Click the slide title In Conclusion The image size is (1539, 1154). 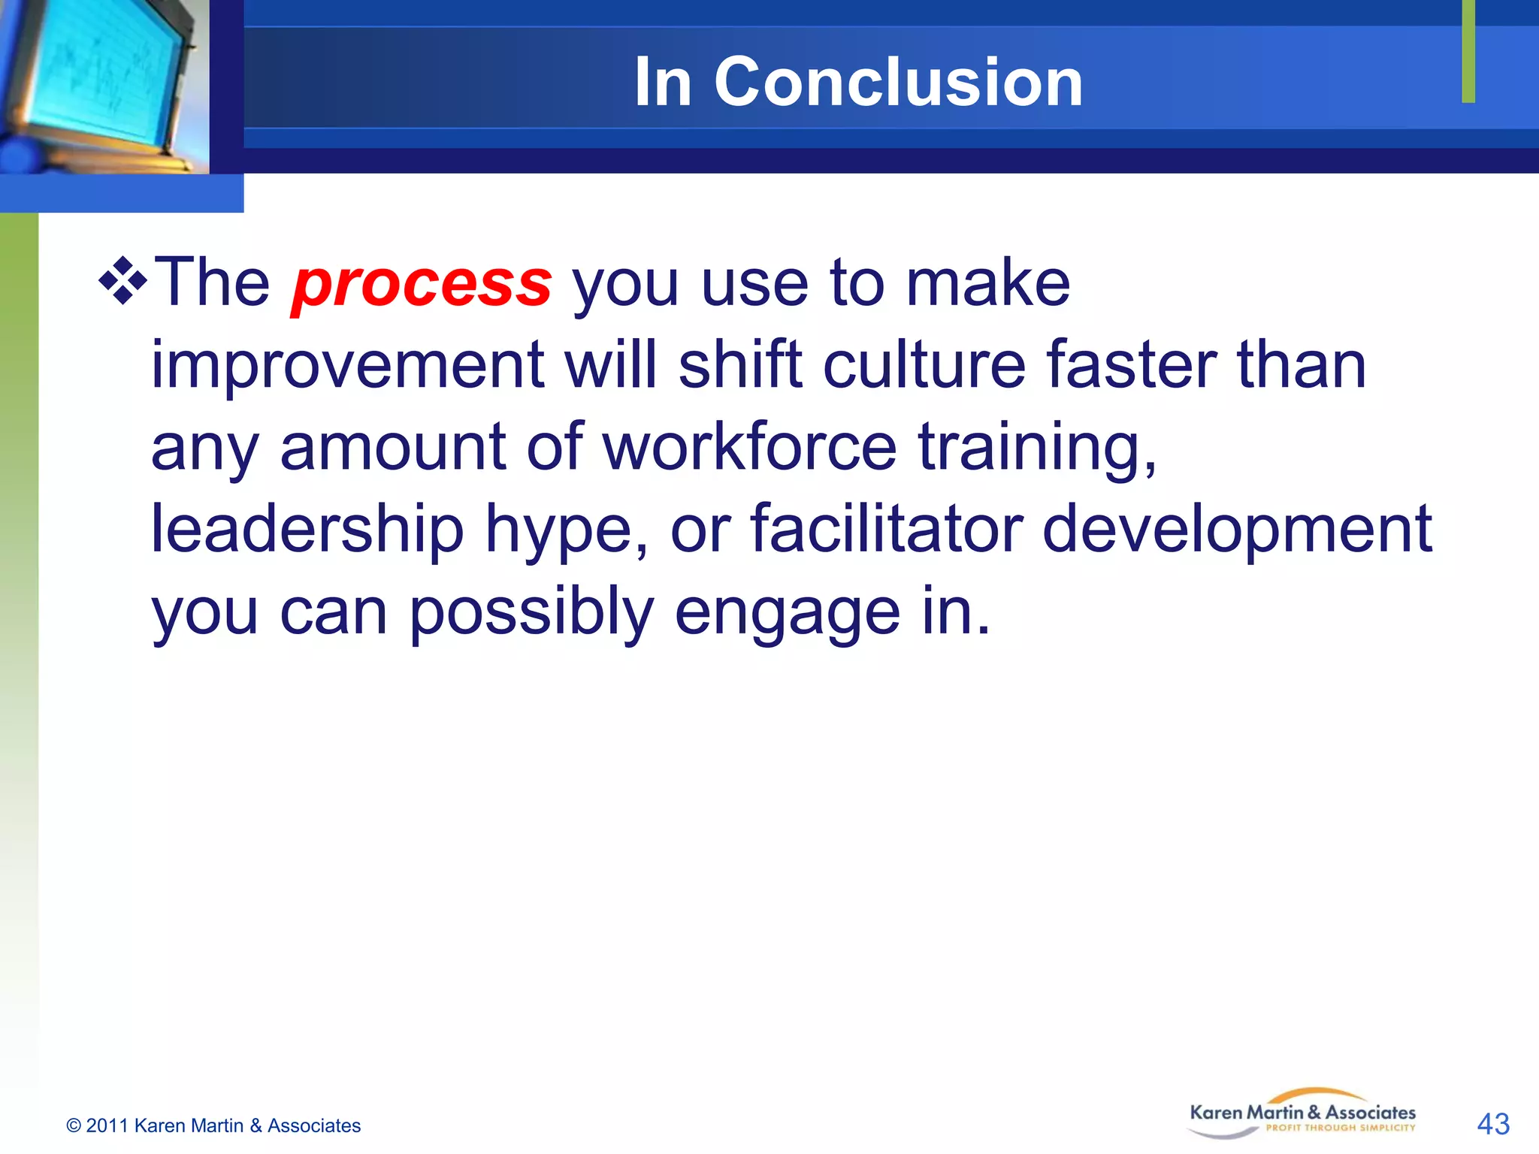(858, 82)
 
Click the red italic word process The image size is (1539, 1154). (422, 284)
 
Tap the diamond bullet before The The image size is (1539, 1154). (122, 280)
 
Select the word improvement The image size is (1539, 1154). (347, 366)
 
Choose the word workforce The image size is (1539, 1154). (749, 447)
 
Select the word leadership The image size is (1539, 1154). (307, 530)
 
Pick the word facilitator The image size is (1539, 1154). (887, 529)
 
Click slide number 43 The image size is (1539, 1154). (1492, 1124)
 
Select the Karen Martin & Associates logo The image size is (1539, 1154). (1302, 1114)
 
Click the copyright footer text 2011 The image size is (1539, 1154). (106, 1125)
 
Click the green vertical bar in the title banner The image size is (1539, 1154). (1468, 51)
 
